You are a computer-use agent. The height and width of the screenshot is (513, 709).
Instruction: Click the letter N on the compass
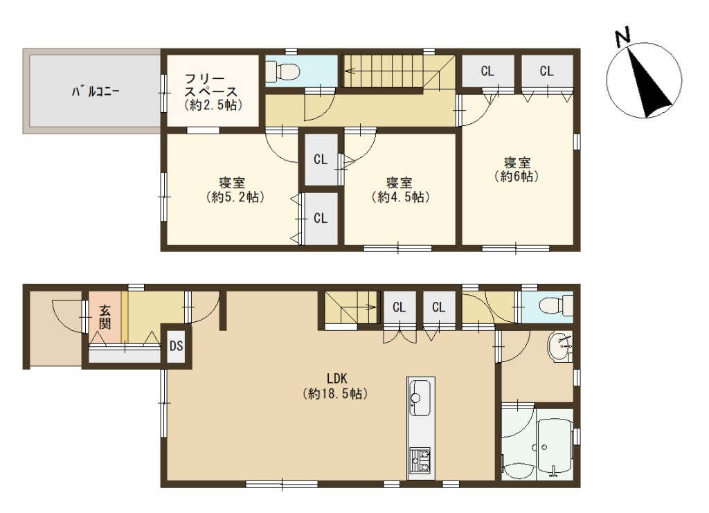pos(623,37)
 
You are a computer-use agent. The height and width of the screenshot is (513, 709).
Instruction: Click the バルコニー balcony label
pos(96,92)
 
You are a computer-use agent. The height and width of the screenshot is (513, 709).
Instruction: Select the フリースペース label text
pos(211,85)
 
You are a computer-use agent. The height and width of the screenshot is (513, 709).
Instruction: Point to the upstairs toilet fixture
pos(283,71)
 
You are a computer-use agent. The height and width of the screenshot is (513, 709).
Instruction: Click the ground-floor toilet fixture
pos(557,305)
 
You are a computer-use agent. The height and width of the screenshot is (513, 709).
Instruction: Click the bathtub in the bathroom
pos(555,446)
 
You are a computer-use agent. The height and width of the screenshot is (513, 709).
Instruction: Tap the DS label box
pos(177,345)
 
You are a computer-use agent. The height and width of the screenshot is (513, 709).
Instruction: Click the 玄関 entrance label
pos(105,317)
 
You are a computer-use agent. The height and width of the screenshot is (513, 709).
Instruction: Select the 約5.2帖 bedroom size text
pos(235,197)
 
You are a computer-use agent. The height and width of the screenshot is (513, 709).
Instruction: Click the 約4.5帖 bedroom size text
pos(401,197)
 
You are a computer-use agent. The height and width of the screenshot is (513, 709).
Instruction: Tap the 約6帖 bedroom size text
pos(517,177)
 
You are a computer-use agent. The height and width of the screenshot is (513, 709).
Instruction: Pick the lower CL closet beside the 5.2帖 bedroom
pos(321,219)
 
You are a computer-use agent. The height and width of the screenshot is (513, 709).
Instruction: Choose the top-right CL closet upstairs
pos(547,71)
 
